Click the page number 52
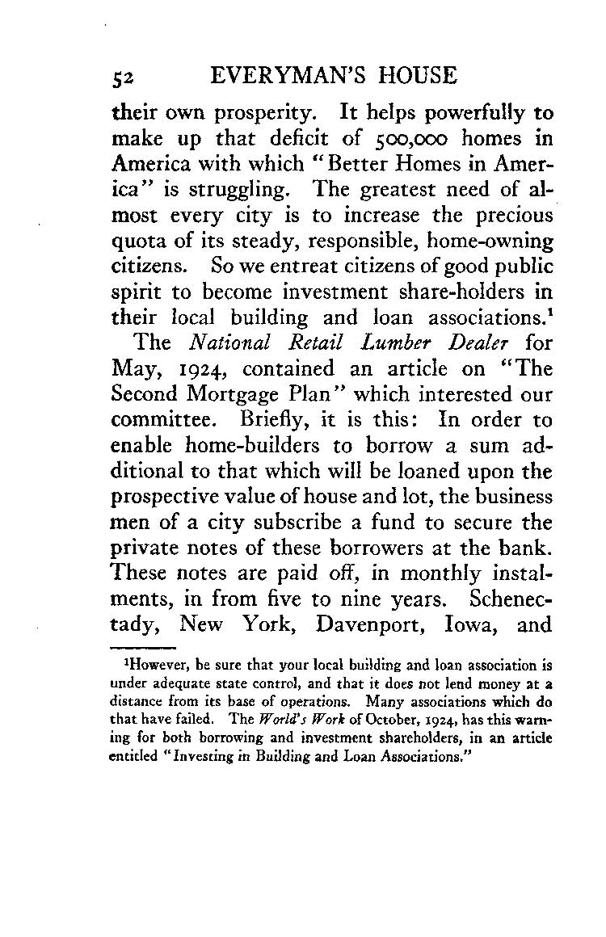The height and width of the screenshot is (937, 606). click(x=121, y=77)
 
